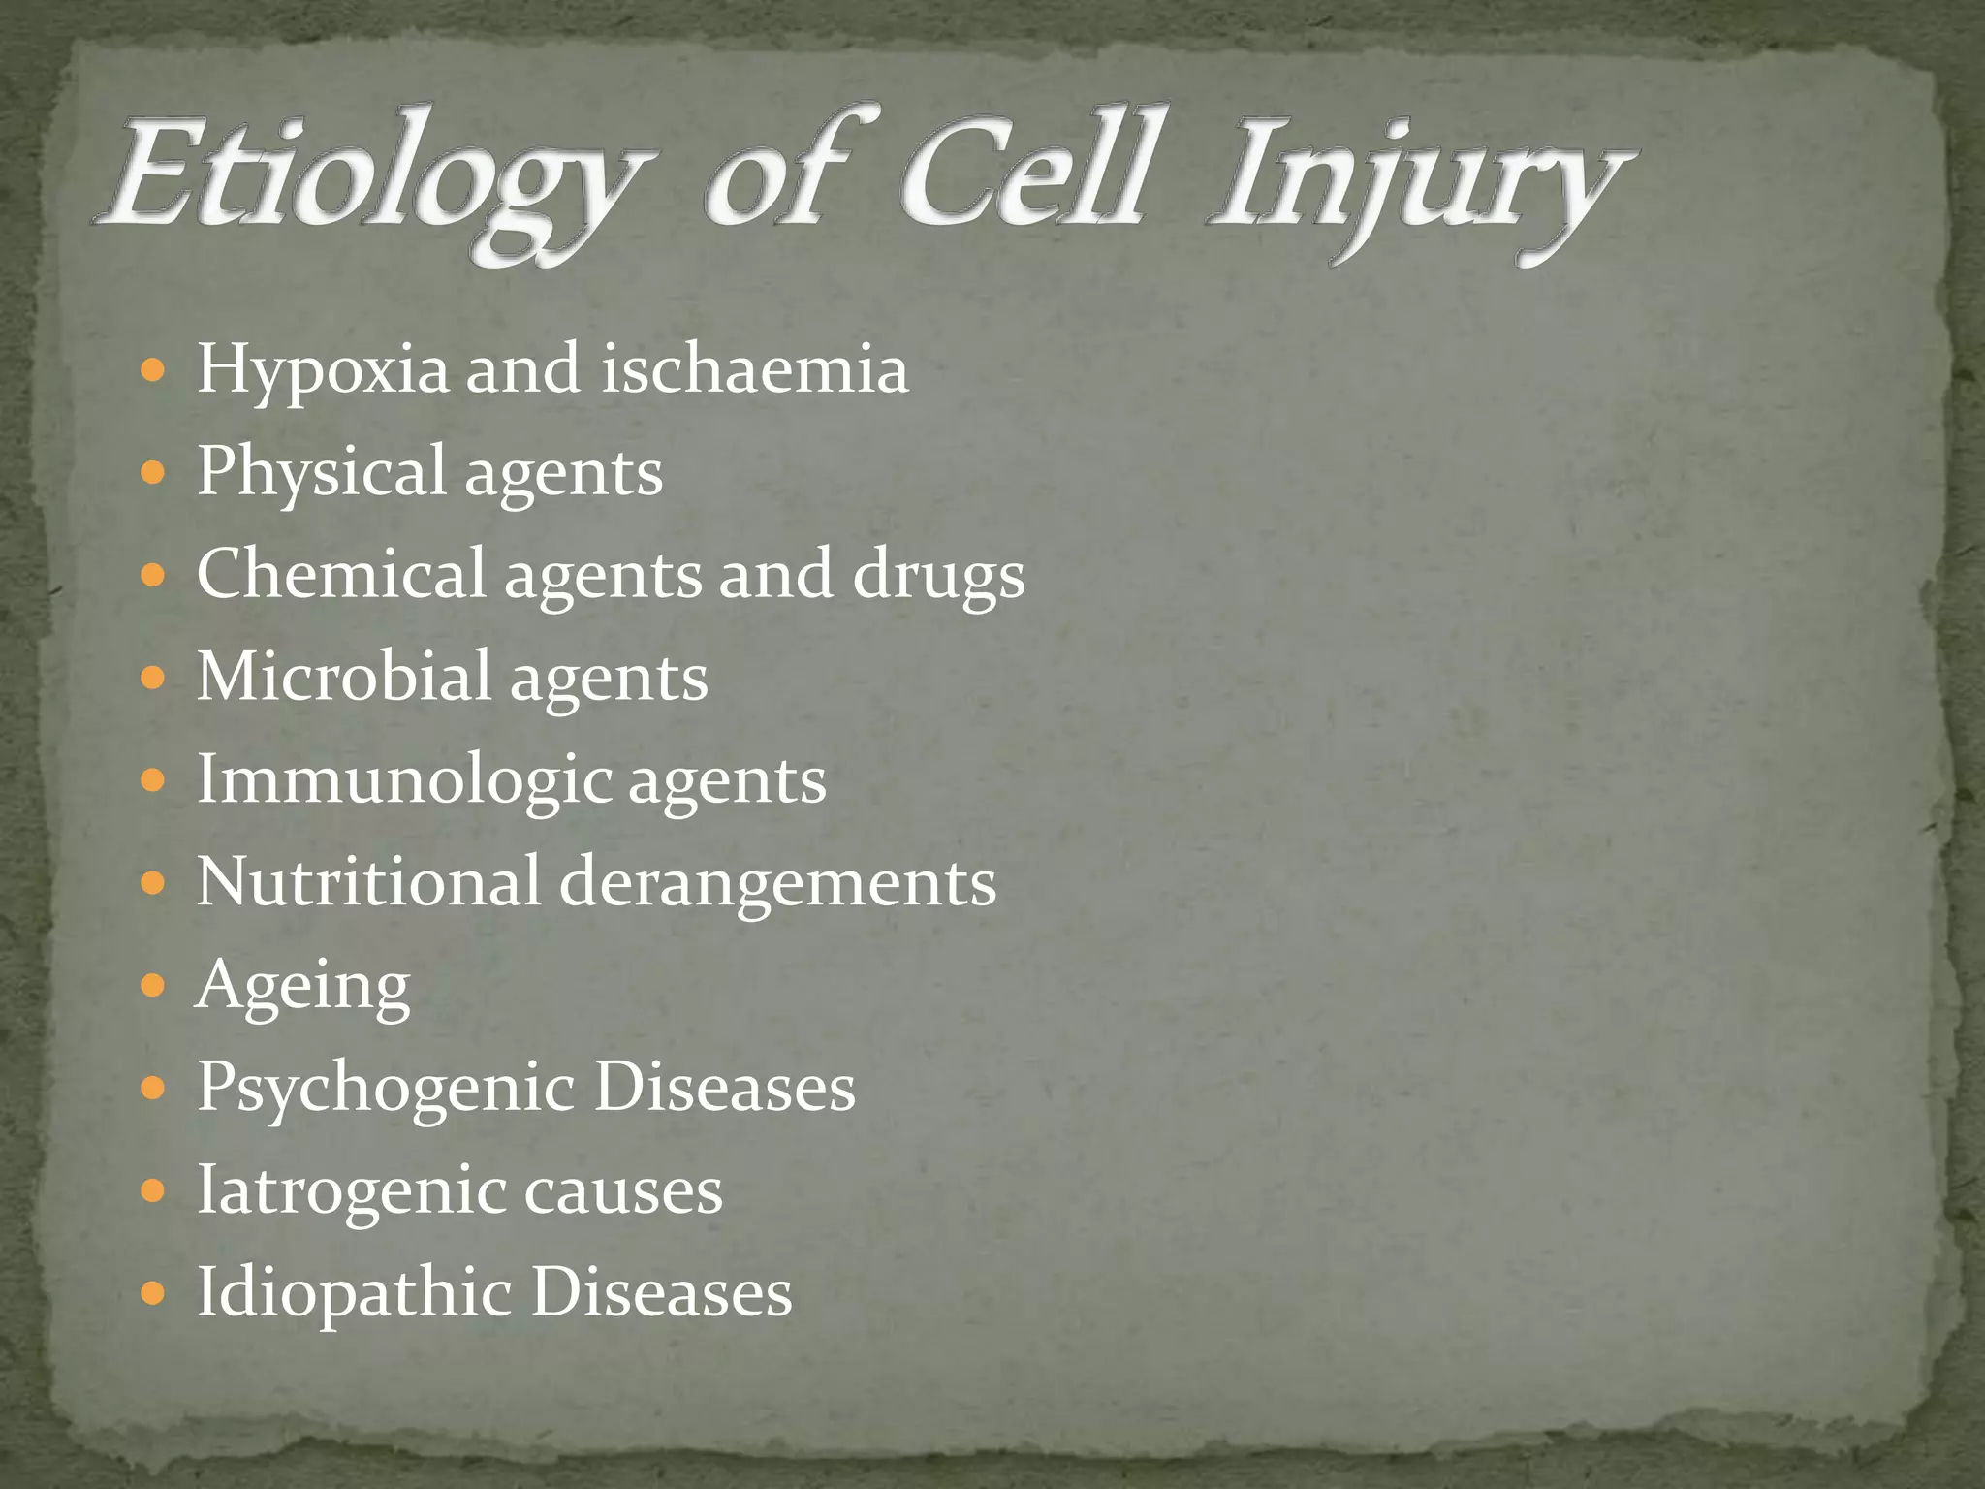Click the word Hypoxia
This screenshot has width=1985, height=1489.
[323, 371]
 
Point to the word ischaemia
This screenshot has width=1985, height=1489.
[754, 369]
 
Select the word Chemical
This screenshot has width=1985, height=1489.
[340, 573]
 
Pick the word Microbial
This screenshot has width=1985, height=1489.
[343, 676]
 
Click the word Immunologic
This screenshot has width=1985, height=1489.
[403, 780]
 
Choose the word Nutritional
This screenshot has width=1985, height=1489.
[367, 881]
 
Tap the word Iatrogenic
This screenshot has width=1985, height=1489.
[350, 1191]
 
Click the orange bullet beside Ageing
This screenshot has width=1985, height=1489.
[153, 987]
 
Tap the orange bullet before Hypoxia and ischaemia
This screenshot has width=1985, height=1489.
[153, 370]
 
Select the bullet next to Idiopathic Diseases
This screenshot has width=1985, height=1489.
[153, 1294]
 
